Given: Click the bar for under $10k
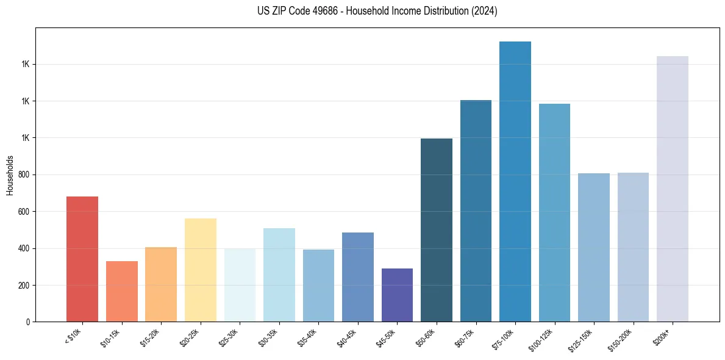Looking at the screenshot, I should click(x=82, y=259).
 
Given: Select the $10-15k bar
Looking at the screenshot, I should click(x=121, y=291).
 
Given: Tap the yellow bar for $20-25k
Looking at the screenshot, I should click(x=200, y=270).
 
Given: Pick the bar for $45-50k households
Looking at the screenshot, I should click(x=397, y=295).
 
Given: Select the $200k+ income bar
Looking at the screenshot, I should click(x=672, y=189).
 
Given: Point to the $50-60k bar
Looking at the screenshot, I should click(x=436, y=230).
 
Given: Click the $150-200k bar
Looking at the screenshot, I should click(x=633, y=247).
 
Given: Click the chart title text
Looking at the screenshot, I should click(x=377, y=11).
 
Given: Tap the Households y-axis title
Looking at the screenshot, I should click(x=10, y=175).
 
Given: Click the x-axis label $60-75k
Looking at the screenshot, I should click(x=466, y=337).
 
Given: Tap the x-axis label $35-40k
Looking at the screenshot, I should click(x=309, y=337).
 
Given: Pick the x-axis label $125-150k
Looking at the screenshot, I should click(x=584, y=339).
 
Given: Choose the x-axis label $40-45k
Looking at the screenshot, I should click(x=348, y=337).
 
